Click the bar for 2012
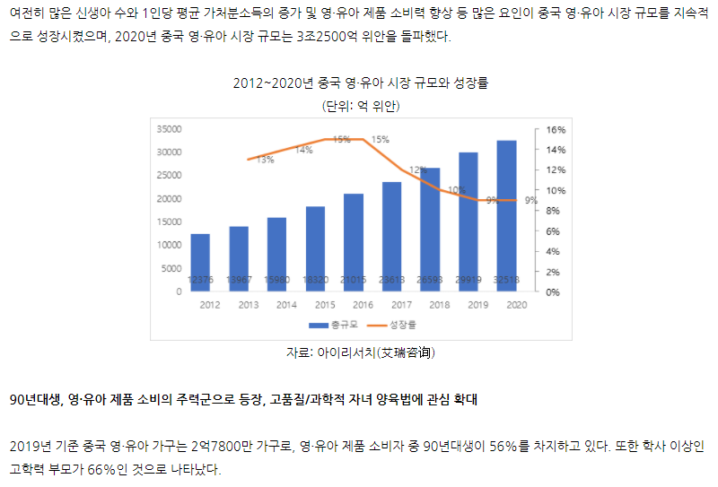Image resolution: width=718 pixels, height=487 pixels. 200,262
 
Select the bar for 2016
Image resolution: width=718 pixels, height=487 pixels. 354,242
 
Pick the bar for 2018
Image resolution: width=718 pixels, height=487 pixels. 430,229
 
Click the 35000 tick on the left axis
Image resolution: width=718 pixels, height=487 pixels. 169,129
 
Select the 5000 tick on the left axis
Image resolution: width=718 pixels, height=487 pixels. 171,268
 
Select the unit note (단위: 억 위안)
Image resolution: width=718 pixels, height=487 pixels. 360,105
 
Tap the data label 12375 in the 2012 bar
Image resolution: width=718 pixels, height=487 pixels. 200,280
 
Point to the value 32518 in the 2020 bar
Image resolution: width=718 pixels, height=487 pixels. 506,280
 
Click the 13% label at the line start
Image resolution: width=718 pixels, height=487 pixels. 266,161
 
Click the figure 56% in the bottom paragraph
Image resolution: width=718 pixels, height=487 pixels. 523,446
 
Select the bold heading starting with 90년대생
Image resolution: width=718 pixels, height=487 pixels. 243,399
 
